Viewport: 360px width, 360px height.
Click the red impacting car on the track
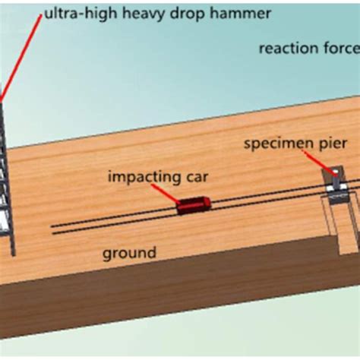click(194, 204)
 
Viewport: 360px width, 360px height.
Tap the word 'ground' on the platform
click(131, 253)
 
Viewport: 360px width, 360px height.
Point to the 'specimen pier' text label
click(296, 143)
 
